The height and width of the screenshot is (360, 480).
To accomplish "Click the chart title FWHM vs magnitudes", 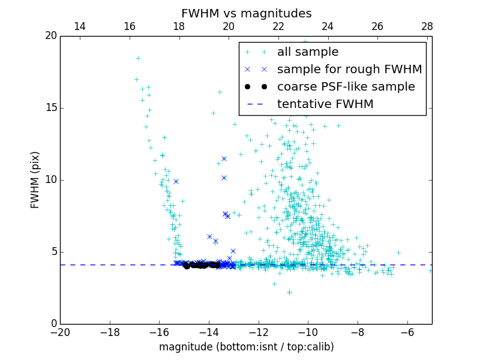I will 246,13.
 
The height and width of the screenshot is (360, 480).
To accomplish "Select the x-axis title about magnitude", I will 246,347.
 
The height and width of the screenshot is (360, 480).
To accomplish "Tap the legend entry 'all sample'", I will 308,52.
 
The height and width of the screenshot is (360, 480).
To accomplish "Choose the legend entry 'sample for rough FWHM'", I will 349,69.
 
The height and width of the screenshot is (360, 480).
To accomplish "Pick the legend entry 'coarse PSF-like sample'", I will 346,86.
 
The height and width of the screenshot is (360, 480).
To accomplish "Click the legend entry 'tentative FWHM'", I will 325,104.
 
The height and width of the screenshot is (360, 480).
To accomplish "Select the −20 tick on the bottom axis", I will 60,332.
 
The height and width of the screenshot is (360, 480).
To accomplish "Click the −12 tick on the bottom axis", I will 258,332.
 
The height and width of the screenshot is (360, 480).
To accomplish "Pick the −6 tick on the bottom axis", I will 407,332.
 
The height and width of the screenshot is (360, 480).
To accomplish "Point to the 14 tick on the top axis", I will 79,26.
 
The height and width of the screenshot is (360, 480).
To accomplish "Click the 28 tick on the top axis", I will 427,26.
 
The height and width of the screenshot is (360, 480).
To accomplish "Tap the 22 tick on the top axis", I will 278,26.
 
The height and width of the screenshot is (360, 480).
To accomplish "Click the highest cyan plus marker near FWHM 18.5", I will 138,58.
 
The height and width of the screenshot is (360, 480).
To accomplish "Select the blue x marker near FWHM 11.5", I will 224,158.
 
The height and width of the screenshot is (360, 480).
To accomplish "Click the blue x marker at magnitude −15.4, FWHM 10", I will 176,181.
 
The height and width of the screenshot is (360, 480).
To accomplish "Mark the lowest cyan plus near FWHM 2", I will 289,292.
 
